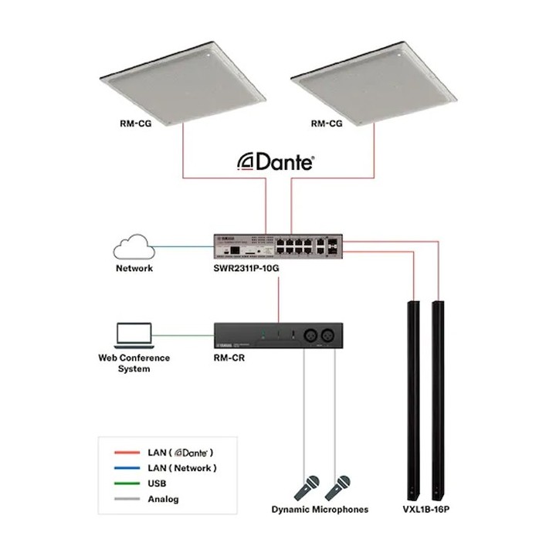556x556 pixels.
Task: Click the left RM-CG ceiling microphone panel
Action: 182,83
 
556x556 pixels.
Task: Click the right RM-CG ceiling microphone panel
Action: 374,83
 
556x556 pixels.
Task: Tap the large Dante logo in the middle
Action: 276,162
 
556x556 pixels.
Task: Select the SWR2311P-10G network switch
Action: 278,246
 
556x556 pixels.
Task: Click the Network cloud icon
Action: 134,247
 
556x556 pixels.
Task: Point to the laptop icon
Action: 134,335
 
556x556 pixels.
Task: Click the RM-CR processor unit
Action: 278,336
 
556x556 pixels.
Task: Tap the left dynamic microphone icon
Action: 307,488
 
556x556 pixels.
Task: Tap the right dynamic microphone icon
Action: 337,488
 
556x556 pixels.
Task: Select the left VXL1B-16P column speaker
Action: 413,401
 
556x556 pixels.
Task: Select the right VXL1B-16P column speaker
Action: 438,401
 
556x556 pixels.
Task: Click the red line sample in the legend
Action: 127,453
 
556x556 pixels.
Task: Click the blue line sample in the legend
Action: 127,468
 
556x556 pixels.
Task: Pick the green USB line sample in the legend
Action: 127,483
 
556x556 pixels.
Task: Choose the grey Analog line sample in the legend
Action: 127,499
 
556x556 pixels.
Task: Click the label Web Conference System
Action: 134,363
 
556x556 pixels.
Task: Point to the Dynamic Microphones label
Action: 320,510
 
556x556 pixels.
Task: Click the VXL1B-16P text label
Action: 425,510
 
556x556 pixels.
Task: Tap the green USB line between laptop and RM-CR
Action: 183,335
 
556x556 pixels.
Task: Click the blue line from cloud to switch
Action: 183,247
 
